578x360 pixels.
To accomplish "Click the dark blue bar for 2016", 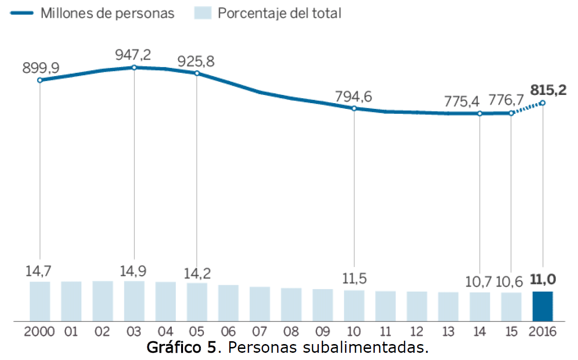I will pos(542,306).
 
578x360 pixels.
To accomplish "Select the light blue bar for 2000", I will pos(40,301).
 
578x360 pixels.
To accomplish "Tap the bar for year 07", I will pos(260,304).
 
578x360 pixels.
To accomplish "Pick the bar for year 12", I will pos(417,306).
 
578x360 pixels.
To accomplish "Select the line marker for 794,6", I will pos(354,108).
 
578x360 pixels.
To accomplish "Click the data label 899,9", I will pos(40,68).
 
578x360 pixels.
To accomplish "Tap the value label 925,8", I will pos(196,62).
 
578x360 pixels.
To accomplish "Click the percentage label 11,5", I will pos(354,279).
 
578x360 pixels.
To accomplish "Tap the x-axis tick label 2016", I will pos(542,332).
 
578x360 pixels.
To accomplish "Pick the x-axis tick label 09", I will pos(323,332).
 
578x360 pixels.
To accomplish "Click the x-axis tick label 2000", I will pos(39,332).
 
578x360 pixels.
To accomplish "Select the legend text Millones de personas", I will pos(107,13).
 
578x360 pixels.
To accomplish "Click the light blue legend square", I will pos(203,13).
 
